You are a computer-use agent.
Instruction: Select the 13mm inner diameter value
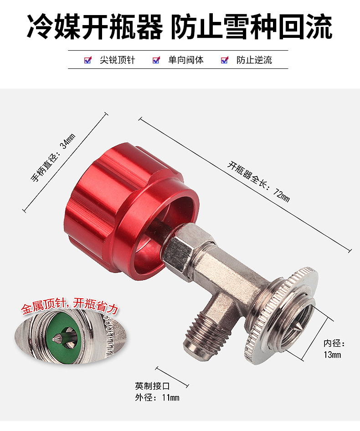[332, 354]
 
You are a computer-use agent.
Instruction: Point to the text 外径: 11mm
[157, 397]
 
